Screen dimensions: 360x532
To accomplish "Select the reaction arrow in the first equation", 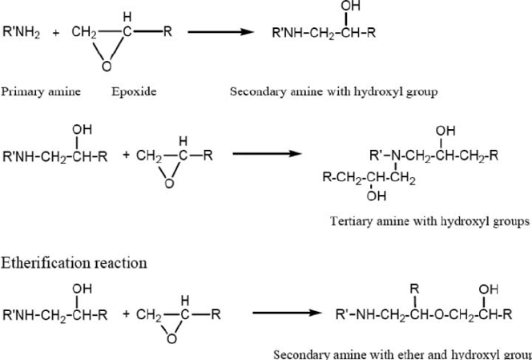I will click(220, 34).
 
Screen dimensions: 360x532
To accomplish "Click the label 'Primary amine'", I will click(40, 91).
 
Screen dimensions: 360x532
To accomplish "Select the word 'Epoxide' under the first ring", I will click(134, 91).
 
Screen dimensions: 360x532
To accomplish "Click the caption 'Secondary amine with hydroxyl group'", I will click(333, 91).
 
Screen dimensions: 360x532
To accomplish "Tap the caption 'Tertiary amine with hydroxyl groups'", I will click(429, 220).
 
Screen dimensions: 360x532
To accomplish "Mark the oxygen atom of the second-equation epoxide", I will click(168, 184).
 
